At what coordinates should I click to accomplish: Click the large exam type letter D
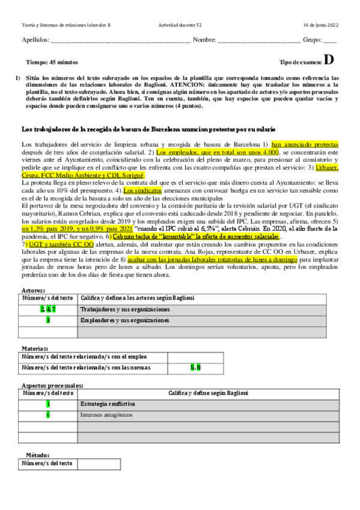(x=328, y=60)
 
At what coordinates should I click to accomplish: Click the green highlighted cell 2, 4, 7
(x=48, y=309)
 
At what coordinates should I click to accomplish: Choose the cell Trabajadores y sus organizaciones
(x=125, y=309)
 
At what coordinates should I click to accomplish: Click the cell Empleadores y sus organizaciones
(x=124, y=321)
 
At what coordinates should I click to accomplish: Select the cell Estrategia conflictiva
(x=108, y=404)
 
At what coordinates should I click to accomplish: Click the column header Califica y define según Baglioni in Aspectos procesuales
(x=202, y=393)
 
